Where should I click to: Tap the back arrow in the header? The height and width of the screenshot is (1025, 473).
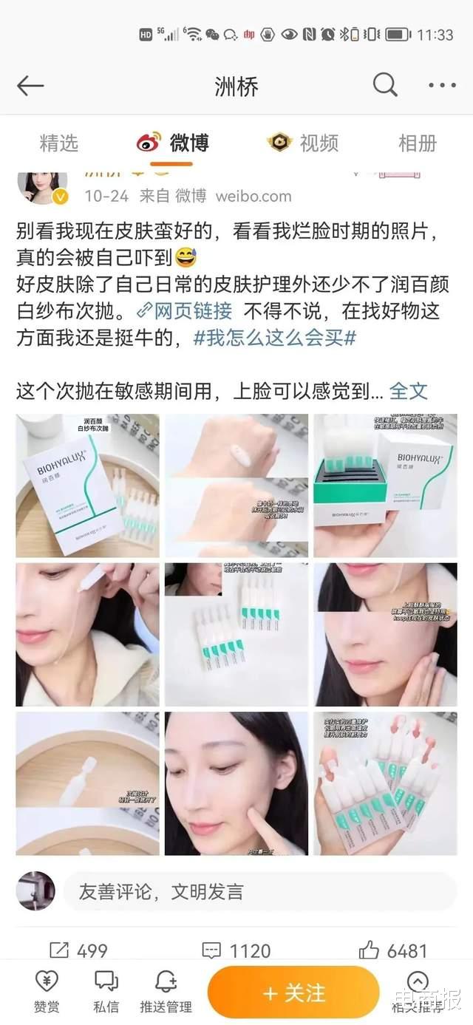30,86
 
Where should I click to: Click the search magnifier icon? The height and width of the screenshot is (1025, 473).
385,85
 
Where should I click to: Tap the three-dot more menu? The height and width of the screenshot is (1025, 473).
442,86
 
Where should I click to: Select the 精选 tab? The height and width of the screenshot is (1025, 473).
58,143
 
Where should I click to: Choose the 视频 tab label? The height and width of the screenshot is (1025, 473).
319,143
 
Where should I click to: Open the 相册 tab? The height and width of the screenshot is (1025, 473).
418,143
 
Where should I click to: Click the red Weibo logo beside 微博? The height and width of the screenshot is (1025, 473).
149,142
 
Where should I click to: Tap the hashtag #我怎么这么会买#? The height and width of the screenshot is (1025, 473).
275,338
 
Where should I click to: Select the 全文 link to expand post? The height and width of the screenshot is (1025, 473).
409,390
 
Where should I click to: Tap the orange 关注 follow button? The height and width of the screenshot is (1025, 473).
293,992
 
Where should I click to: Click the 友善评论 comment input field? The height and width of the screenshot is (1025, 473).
259,891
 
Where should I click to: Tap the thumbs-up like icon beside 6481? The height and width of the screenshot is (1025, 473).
369,950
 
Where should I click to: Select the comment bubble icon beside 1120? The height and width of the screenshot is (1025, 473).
211,950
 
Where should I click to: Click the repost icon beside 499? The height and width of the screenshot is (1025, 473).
59,950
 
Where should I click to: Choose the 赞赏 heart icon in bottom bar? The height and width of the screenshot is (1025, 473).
47,981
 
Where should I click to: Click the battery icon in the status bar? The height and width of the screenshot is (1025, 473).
398,34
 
